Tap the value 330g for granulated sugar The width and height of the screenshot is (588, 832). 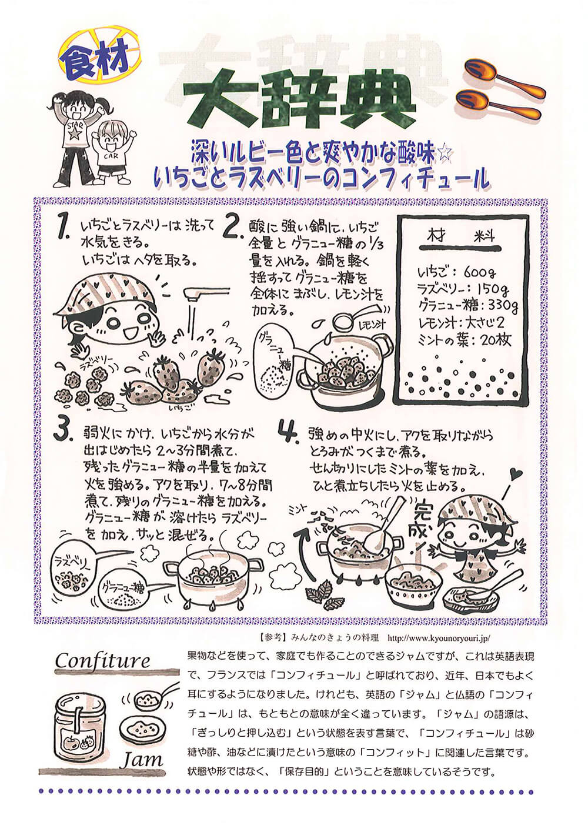click(x=500, y=306)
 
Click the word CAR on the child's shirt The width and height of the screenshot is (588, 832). click(x=111, y=156)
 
